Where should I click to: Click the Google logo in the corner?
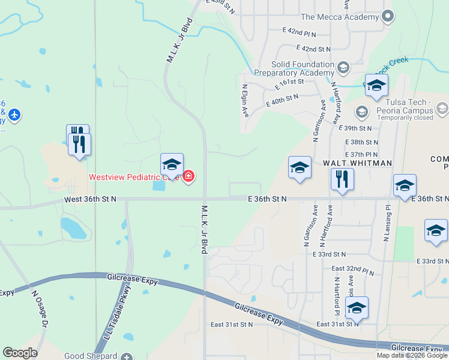tap(20, 353)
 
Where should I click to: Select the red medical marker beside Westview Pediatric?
tap(188, 176)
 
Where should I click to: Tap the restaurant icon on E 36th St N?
tap(342, 179)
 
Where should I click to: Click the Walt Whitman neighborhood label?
tap(358, 163)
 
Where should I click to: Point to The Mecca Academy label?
tap(340, 17)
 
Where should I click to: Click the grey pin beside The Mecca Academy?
tap(388, 16)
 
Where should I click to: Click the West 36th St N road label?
tap(90, 199)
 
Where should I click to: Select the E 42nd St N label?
tap(314, 48)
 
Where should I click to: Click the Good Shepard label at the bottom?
tap(91, 356)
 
